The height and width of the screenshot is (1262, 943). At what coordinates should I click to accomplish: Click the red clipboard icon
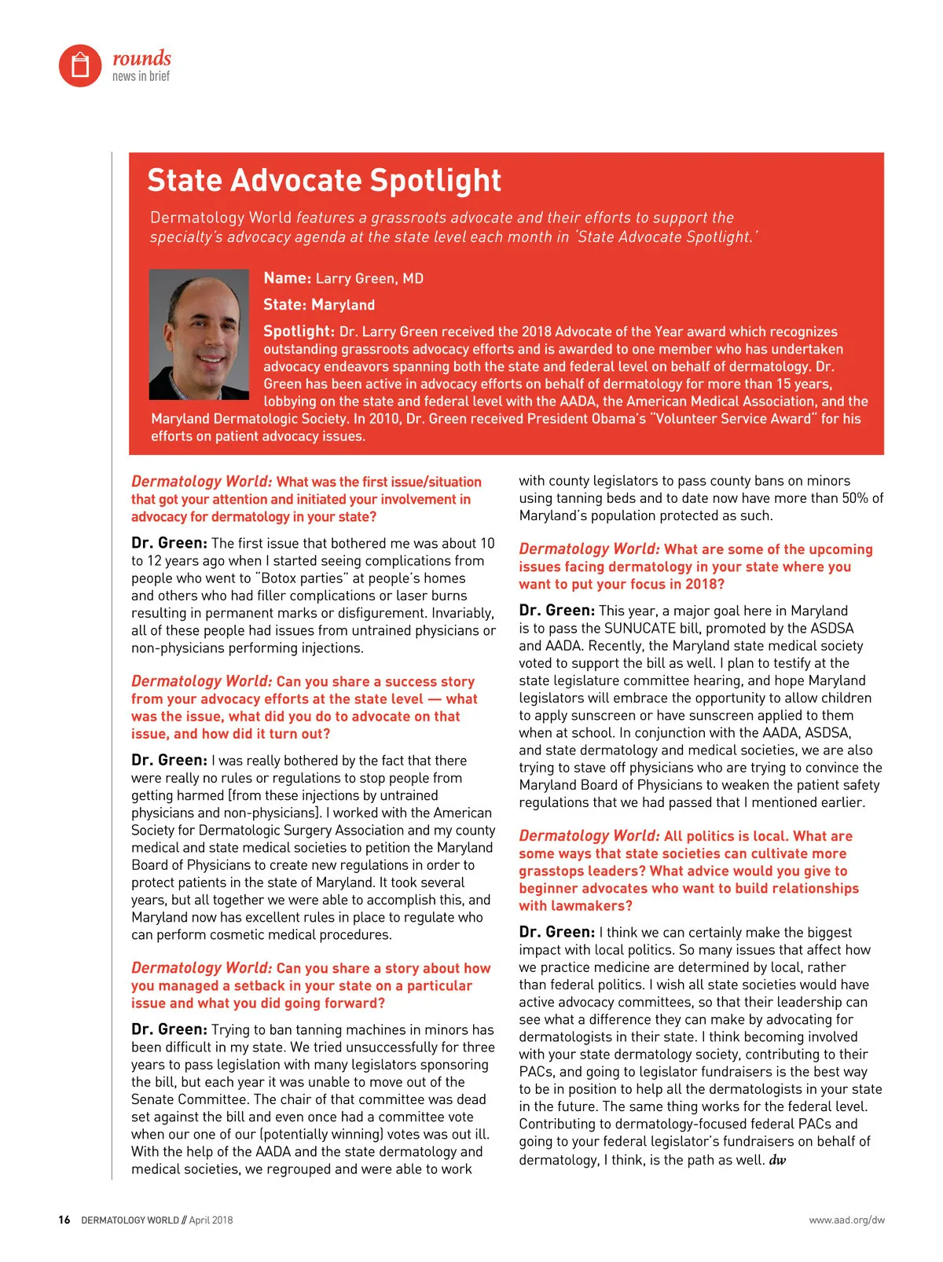80,65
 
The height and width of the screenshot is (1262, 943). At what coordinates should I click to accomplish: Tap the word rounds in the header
141,58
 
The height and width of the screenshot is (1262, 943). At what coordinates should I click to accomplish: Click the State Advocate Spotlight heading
324,180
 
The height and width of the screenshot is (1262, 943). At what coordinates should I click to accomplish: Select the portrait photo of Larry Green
199,334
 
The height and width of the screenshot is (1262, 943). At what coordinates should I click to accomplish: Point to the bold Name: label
288,278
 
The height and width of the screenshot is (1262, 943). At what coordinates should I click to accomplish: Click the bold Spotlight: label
299,332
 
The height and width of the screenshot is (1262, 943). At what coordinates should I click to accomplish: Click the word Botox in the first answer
283,578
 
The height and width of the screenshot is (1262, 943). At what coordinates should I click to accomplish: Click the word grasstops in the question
551,871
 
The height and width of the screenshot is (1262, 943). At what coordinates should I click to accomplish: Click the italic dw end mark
777,1161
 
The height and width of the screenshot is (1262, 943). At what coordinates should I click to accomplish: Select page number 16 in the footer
64,1220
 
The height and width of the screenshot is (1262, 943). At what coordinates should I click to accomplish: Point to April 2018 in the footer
211,1220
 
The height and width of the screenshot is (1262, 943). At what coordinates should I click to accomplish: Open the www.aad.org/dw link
846,1220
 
